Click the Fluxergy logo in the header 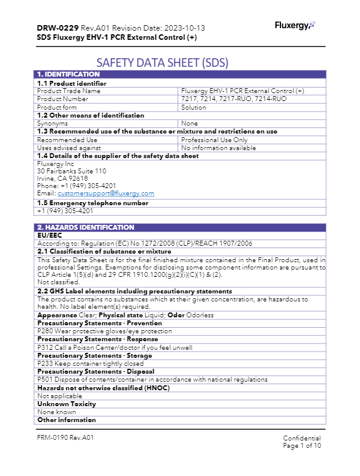(294, 25)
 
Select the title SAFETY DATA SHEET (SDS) (162, 62)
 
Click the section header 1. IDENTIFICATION (64, 75)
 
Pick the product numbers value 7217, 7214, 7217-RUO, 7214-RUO (233, 99)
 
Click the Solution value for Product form (193, 107)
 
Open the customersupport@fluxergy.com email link (106, 193)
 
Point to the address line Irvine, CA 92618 (62, 178)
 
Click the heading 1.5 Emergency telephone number (92, 203)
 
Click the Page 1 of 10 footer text (302, 446)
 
